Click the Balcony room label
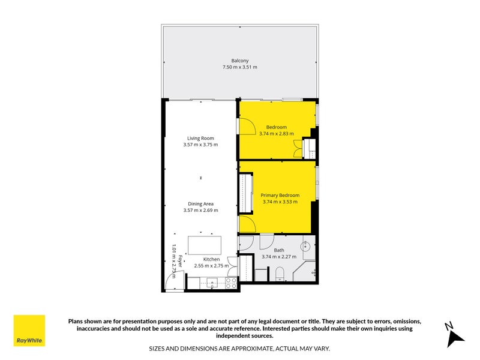239,61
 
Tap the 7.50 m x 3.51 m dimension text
239,67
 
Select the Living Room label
200,139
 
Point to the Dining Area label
200,204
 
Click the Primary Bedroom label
280,196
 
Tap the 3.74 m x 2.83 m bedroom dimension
277,134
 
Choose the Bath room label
279,250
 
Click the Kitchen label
211,259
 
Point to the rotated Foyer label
181,261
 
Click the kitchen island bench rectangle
205,245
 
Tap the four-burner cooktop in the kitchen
231,283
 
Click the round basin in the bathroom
305,245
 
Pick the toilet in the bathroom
280,274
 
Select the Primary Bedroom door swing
247,223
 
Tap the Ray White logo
29,331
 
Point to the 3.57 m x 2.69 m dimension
200,211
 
